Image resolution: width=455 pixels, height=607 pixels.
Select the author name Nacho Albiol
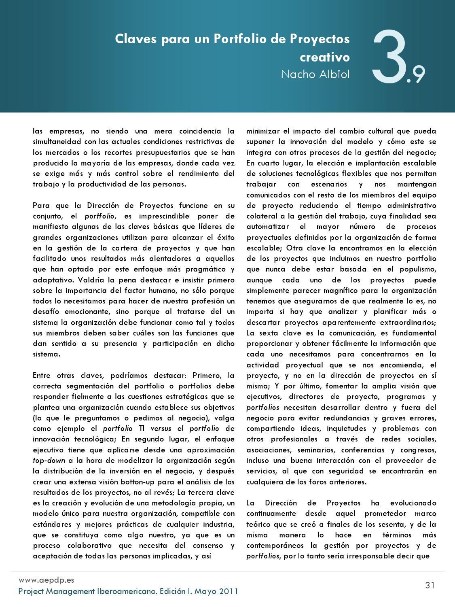coord(315,74)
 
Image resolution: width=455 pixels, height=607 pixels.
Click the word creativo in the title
coord(324,57)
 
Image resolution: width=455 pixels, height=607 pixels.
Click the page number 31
coord(430,585)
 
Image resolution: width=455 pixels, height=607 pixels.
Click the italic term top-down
coord(49,460)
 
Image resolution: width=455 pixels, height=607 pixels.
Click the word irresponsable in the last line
coord(363,556)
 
